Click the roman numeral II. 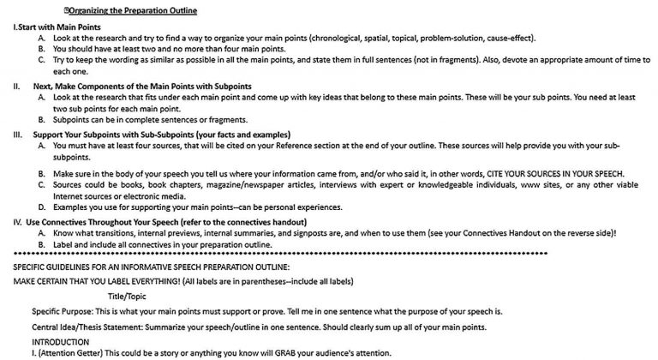coord(16,87)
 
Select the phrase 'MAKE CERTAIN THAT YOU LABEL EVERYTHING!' coord(96,281)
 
